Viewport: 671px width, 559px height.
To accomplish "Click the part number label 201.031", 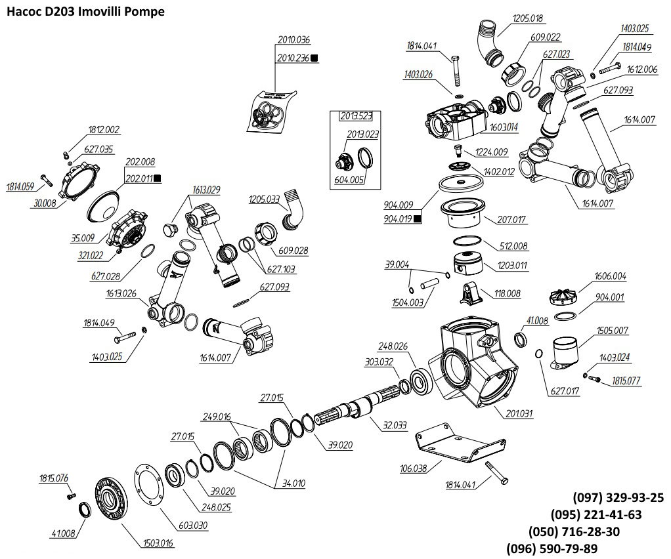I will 520,413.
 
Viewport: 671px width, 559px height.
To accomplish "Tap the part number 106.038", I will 414,468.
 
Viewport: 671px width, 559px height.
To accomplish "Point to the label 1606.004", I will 610,276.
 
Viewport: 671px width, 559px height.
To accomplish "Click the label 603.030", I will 193,525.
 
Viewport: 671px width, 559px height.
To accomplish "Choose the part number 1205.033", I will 264,199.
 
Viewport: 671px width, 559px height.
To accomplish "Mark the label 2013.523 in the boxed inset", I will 356,117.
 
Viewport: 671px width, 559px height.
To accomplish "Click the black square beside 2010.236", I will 314,58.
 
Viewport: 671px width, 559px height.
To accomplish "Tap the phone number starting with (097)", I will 618,497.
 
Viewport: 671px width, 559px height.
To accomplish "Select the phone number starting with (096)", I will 552,549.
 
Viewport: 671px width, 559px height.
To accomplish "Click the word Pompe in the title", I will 142,12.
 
